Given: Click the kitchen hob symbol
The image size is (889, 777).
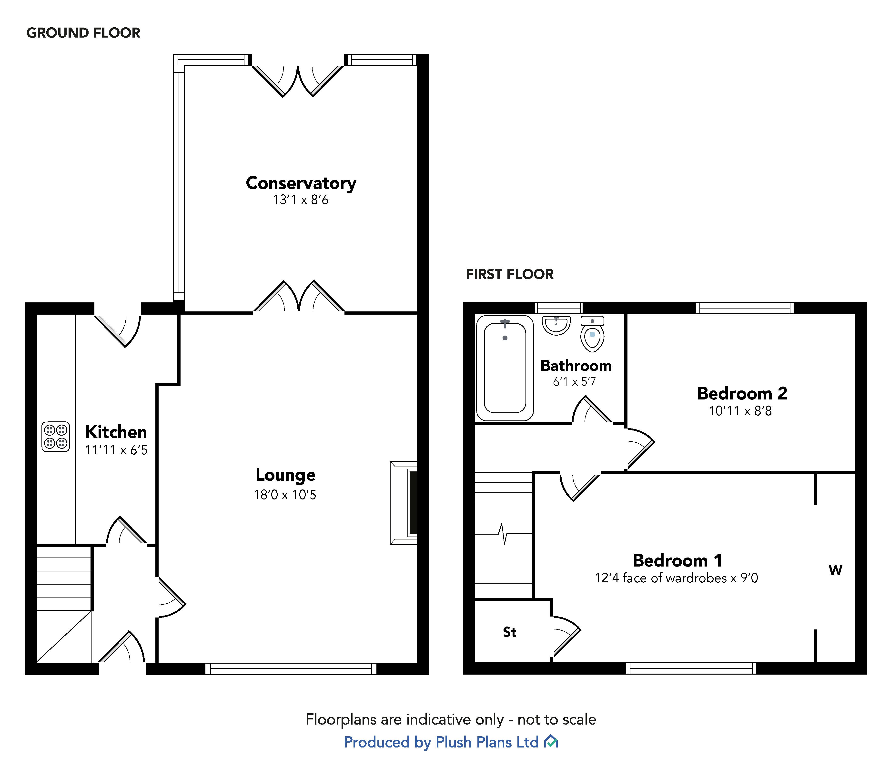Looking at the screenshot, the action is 56,437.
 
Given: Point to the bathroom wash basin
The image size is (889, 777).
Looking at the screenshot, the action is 556,325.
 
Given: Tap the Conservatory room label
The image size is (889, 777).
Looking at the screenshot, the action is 301,183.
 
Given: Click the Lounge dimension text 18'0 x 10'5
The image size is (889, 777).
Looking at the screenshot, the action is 285,495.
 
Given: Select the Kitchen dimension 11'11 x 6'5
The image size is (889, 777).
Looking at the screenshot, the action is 116,450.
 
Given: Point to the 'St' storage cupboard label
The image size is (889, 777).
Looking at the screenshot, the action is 510,632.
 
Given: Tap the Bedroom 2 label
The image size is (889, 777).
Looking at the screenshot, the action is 742,394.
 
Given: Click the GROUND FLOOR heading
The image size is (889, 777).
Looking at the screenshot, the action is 83,33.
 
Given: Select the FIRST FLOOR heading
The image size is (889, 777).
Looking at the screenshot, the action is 510,274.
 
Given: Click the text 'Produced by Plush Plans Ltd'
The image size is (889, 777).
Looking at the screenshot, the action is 441,742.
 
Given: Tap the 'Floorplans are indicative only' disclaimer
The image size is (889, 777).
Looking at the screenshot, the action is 451,720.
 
